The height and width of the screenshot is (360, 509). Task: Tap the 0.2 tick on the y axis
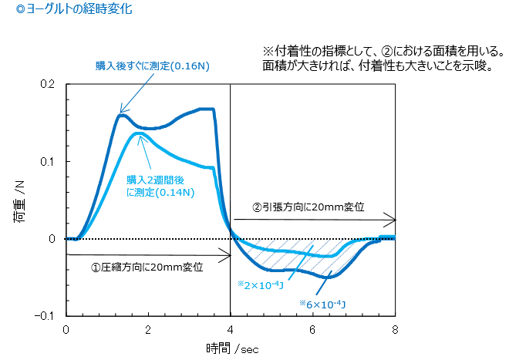[x=49, y=84]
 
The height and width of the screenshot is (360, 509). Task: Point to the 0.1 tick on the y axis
[x=49, y=161]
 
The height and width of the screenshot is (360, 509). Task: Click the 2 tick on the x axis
[x=148, y=329]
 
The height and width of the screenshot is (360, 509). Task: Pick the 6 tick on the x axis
[x=313, y=329]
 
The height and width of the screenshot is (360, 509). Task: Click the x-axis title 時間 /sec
[x=231, y=348]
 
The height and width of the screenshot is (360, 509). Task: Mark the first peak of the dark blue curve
[x=122, y=115]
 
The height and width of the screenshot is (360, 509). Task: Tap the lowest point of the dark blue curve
[x=329, y=275]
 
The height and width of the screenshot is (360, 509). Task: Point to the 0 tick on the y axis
[x=52, y=239]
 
